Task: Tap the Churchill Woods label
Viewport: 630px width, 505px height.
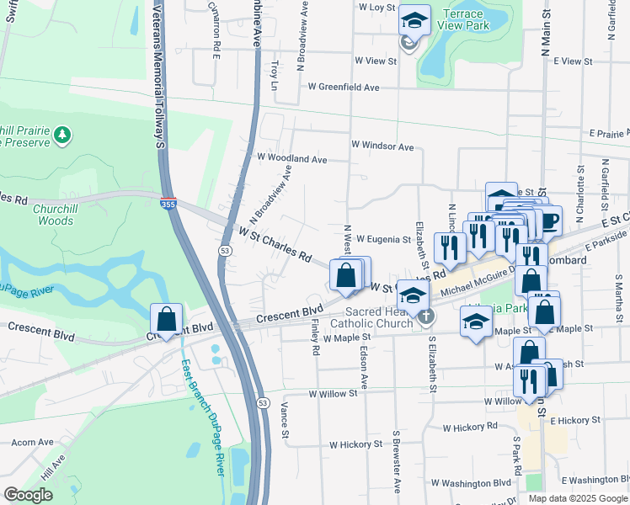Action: pyautogui.click(x=66, y=215)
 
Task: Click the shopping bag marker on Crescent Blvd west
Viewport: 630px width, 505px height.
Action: pyautogui.click(x=167, y=320)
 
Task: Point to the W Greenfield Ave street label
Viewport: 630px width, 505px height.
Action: pyautogui.click(x=343, y=87)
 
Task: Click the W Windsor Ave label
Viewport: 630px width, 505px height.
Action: pyautogui.click(x=382, y=146)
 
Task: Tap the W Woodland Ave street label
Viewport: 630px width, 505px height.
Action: pyautogui.click(x=291, y=158)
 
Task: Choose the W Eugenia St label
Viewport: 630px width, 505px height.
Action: pyautogui.click(x=382, y=240)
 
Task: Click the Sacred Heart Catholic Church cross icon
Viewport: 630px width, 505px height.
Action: pyautogui.click(x=427, y=316)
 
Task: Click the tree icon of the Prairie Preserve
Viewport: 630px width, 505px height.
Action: pyautogui.click(x=61, y=134)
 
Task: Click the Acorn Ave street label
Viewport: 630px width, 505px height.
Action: pyautogui.click(x=32, y=442)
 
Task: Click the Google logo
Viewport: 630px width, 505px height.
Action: pyautogui.click(x=29, y=494)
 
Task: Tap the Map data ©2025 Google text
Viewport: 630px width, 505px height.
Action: pyautogui.click(x=578, y=498)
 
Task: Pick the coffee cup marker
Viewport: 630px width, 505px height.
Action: pyautogui.click(x=548, y=221)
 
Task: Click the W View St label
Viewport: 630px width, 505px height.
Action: pyautogui.click(x=375, y=61)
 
